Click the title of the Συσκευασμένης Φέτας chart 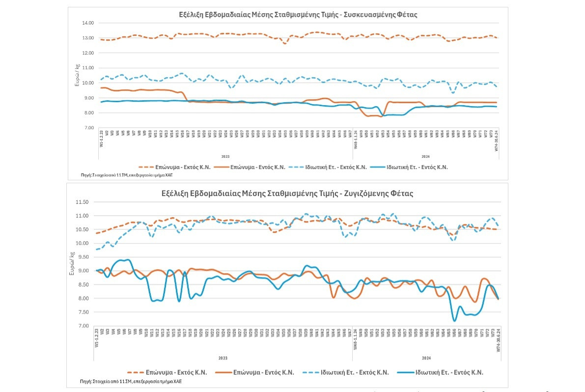(x=298, y=15)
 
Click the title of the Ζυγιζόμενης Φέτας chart (x=298, y=194)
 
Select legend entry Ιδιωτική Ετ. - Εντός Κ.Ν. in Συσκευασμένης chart (x=417, y=167)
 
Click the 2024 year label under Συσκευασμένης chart (x=425, y=156)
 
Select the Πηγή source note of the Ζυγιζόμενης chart (x=130, y=381)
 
